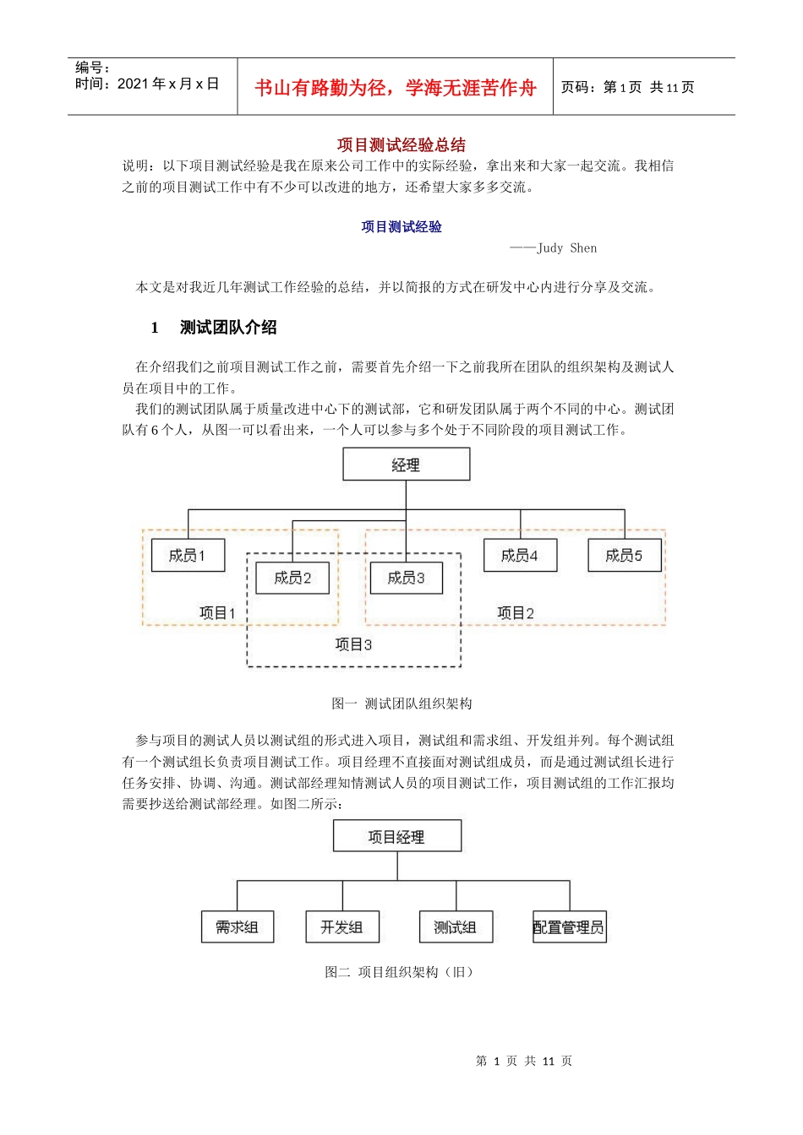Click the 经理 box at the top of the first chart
pyautogui.click(x=406, y=464)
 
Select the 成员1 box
pyautogui.click(x=188, y=555)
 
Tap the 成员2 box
pyautogui.click(x=292, y=578)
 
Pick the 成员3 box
pyautogui.click(x=406, y=578)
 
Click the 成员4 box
pyautogui.click(x=520, y=555)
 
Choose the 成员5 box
pyautogui.click(x=624, y=555)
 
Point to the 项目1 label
pyautogui.click(x=217, y=613)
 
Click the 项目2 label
pyautogui.click(x=516, y=613)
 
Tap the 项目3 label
pyautogui.click(x=353, y=644)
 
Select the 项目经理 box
pyautogui.click(x=396, y=837)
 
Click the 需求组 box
pyautogui.click(x=238, y=927)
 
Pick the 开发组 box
pyautogui.click(x=342, y=927)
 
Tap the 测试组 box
pyautogui.click(x=456, y=927)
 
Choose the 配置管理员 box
pyautogui.click(x=569, y=927)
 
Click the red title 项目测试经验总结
pyautogui.click(x=401, y=144)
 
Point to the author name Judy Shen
pyautogui.click(x=566, y=248)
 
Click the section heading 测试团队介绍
pyautogui.click(x=228, y=328)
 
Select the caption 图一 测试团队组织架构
pyautogui.click(x=401, y=703)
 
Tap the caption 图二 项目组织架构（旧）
pyautogui.click(x=398, y=972)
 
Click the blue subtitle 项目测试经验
pyautogui.click(x=401, y=226)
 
